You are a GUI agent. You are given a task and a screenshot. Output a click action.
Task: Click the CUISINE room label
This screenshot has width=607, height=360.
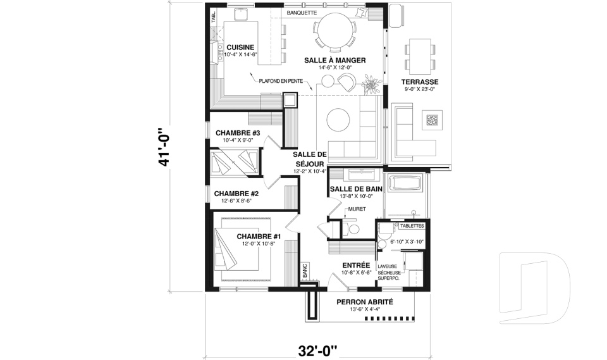click(x=240, y=47)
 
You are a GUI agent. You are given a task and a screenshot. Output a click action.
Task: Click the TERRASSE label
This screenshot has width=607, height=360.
click(x=419, y=82)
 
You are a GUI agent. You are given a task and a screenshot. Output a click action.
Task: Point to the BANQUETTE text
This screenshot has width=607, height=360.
click(x=302, y=12)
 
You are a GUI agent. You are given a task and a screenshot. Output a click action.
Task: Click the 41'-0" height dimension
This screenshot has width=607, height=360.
click(x=166, y=145)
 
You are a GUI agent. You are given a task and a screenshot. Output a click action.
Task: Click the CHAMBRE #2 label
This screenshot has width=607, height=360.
click(x=236, y=194)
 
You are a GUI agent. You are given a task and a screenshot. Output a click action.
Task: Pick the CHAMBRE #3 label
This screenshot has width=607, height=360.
click(x=238, y=133)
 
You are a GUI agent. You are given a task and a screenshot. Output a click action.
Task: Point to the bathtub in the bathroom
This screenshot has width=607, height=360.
click(x=408, y=185)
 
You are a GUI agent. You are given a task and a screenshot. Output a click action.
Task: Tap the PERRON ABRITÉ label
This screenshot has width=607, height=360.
click(x=365, y=302)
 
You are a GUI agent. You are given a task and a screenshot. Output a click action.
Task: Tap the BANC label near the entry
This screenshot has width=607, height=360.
click(x=304, y=271)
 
